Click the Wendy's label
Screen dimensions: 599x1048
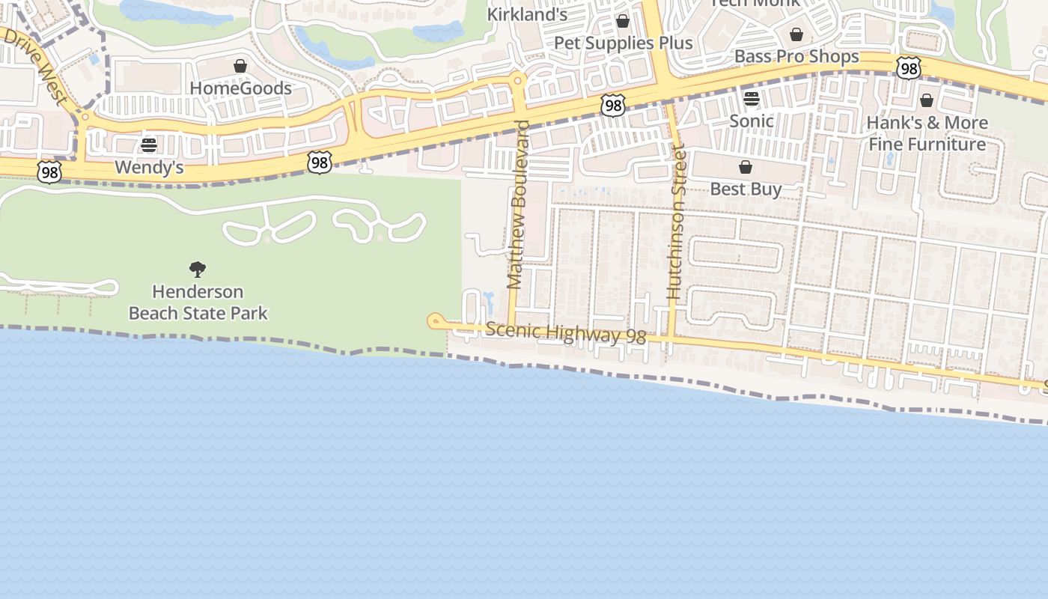coord(149,167)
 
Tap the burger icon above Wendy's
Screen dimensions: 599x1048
coord(149,145)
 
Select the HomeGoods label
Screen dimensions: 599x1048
coord(240,88)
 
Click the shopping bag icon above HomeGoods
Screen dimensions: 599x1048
coord(240,66)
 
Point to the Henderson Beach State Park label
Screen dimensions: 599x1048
coord(198,302)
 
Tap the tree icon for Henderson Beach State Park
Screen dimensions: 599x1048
coord(198,270)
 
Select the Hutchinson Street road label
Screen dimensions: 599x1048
coord(676,222)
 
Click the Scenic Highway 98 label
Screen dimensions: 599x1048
coord(565,333)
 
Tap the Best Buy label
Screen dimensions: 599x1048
coord(746,189)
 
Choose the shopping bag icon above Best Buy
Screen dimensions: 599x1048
coord(746,166)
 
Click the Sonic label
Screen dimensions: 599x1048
coord(752,121)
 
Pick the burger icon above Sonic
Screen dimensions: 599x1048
coord(752,99)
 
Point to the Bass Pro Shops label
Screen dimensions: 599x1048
coord(796,56)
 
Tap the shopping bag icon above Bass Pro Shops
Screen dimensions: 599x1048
coord(796,34)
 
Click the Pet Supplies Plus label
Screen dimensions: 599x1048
coord(623,43)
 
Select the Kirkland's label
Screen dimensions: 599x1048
coord(527,14)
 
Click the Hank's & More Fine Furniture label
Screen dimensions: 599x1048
coord(927,133)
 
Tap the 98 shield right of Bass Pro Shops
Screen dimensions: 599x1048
coord(909,69)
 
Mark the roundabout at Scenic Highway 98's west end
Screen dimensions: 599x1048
coord(435,321)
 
